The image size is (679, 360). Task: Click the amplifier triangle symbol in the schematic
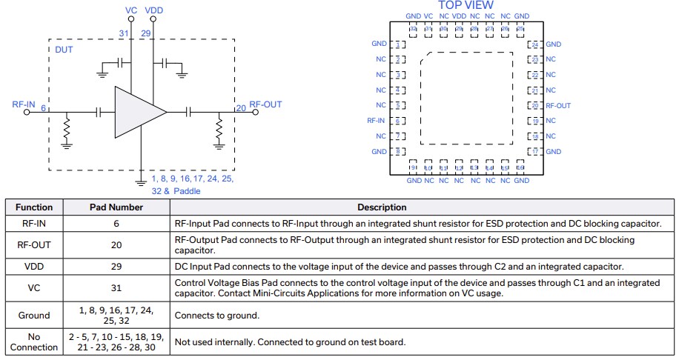tap(137, 112)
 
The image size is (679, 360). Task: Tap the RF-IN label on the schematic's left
tap(24, 104)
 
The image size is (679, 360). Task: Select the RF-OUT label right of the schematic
tap(265, 104)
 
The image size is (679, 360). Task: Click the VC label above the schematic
tap(131, 10)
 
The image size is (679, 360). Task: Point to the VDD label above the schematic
tap(154, 10)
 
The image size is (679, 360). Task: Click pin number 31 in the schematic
tap(124, 33)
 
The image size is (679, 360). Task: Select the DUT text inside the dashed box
tap(64, 50)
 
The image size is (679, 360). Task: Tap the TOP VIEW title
tap(466, 5)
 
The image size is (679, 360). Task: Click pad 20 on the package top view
tap(534, 105)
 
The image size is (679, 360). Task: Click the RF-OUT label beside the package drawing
tap(558, 106)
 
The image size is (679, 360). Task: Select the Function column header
tap(34, 207)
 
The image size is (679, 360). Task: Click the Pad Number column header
tap(116, 207)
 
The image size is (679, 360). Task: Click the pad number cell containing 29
tap(116, 266)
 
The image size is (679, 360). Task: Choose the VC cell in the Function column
tap(34, 287)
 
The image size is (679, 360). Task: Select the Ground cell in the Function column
tap(34, 315)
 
